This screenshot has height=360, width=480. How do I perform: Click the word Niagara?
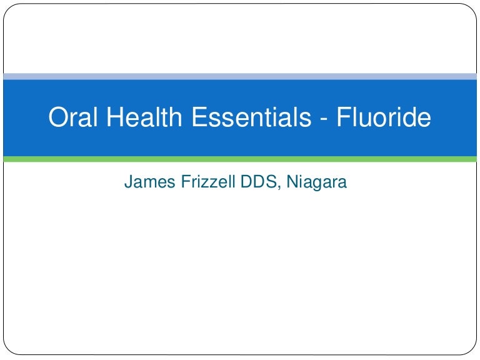click(315, 182)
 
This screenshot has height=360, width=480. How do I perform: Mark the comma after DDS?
click(276, 187)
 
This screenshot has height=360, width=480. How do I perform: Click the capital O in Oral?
click(58, 118)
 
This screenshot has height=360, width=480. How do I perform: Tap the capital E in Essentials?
click(198, 118)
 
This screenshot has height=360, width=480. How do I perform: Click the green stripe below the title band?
click(240, 159)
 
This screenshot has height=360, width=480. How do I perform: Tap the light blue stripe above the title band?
click(240, 76)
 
